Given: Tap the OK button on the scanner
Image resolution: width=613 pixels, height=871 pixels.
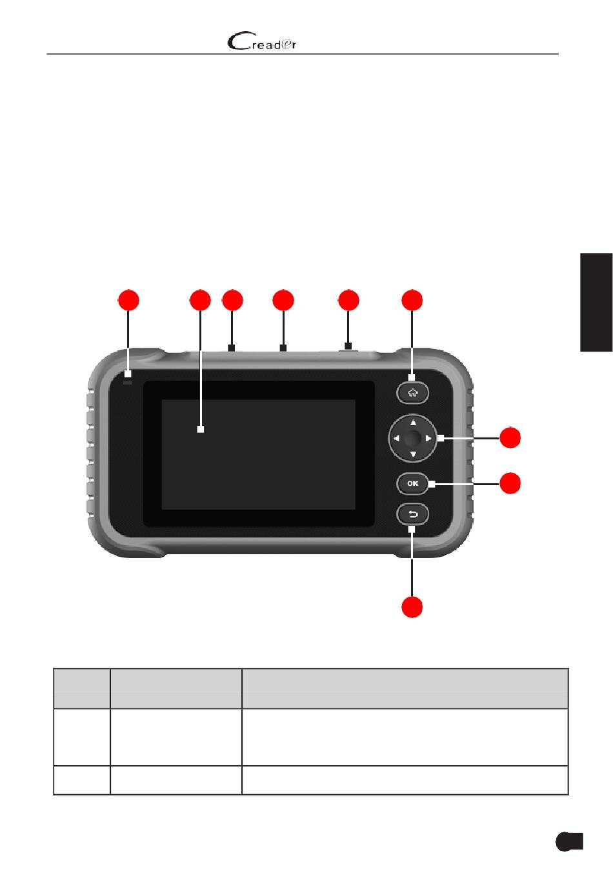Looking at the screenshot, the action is tap(413, 483).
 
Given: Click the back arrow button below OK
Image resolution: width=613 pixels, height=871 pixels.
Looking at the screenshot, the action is tap(413, 514).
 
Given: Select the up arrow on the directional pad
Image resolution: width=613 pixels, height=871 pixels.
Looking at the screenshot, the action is tap(413, 423).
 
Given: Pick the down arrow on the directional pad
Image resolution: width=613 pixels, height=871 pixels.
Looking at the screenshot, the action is tap(413, 454).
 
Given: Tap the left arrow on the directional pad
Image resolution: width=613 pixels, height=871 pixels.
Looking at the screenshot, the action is tap(396, 439).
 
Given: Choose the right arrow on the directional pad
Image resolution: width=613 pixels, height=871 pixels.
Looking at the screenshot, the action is tap(428, 439).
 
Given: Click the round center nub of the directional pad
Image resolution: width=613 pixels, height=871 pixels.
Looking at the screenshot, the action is tap(413, 439).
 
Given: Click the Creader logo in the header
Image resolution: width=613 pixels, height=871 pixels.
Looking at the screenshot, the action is tap(262, 43).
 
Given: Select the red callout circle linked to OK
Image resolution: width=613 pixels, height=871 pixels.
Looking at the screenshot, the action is tap(510, 483).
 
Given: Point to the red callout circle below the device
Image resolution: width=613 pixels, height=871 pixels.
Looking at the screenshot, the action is tap(413, 607).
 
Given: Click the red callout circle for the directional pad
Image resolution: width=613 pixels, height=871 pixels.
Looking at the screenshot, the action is tap(510, 439).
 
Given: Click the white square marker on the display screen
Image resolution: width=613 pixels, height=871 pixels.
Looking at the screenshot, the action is tap(200, 428).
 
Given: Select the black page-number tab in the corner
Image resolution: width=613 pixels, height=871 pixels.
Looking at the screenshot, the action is tap(568, 841).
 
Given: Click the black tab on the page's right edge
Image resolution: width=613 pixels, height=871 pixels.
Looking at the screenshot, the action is tap(596, 302).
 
